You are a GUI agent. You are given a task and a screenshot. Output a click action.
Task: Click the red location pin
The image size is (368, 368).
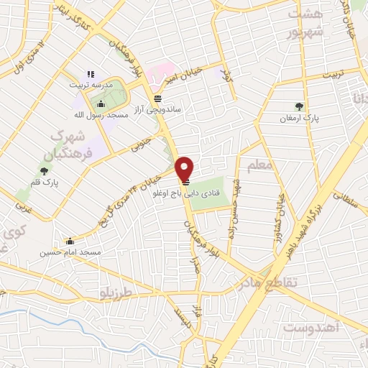click(185, 169)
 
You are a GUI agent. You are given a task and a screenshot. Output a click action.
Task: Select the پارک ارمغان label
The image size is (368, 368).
click(300, 116)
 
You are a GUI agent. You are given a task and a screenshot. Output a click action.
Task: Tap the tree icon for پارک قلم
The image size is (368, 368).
click(45, 171)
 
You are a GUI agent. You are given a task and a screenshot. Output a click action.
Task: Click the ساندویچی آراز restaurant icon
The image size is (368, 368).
click(157, 99)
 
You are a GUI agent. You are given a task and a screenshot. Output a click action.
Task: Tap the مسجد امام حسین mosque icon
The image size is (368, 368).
click(69, 241)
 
